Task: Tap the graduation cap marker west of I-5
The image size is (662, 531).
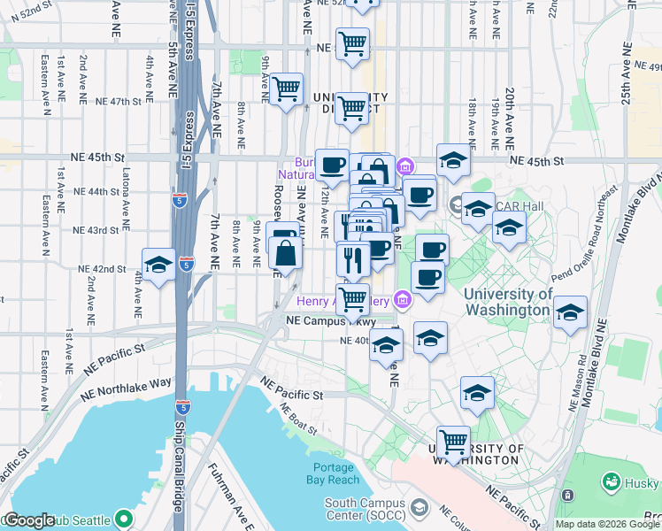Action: point(158,265)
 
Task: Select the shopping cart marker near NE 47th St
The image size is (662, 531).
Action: point(287,88)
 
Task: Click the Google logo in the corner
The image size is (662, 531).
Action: point(29,520)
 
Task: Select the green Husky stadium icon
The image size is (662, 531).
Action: point(611,482)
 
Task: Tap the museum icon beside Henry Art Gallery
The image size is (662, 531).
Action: point(403,301)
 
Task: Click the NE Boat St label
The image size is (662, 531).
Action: point(298,419)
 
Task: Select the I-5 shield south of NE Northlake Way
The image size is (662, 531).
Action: point(182,407)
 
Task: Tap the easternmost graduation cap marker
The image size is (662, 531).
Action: point(570,312)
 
